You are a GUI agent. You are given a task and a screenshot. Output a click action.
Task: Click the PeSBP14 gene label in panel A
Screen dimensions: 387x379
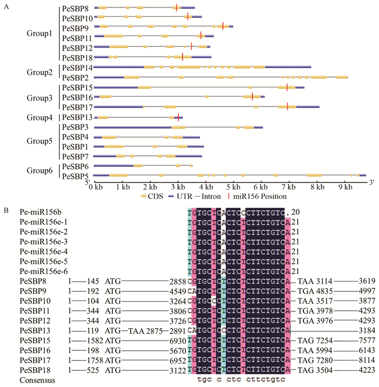point(78,68)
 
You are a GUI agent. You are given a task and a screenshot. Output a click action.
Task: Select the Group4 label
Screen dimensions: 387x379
point(40,117)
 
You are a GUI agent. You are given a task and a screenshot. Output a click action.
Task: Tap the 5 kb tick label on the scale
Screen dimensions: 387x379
point(234,187)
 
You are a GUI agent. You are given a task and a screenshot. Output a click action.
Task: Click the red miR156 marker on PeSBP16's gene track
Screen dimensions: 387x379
point(252,96)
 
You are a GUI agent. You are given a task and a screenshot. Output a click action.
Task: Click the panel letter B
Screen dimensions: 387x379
point(5,207)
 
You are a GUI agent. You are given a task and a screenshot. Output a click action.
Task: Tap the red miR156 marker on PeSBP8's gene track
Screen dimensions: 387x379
point(177,7)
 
